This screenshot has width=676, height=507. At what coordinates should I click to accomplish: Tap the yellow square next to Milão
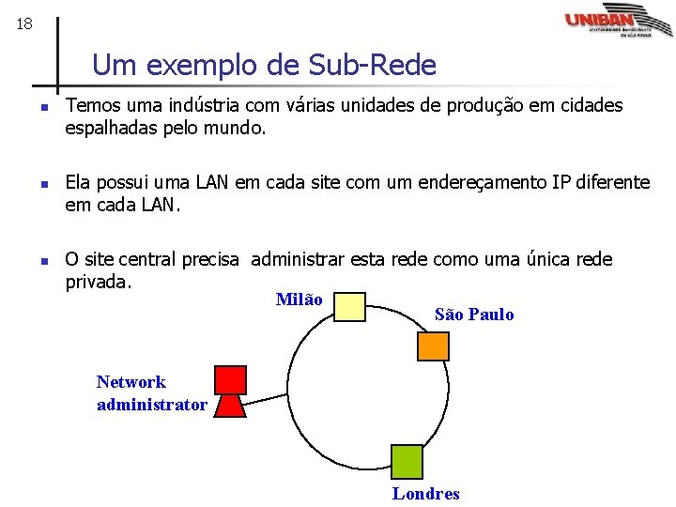click(x=350, y=306)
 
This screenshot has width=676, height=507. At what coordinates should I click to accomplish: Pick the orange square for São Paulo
click(x=434, y=346)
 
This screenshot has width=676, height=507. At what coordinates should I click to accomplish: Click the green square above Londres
click(x=407, y=462)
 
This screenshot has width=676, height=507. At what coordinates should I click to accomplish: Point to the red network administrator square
click(x=230, y=380)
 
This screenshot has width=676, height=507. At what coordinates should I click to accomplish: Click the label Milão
click(x=300, y=300)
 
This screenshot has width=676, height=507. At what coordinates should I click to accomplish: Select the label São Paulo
click(x=474, y=315)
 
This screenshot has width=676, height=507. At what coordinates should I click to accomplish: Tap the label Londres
click(x=426, y=494)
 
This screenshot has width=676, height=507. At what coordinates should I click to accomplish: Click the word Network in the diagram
click(x=131, y=382)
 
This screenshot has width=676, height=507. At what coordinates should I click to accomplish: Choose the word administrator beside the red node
click(x=152, y=405)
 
